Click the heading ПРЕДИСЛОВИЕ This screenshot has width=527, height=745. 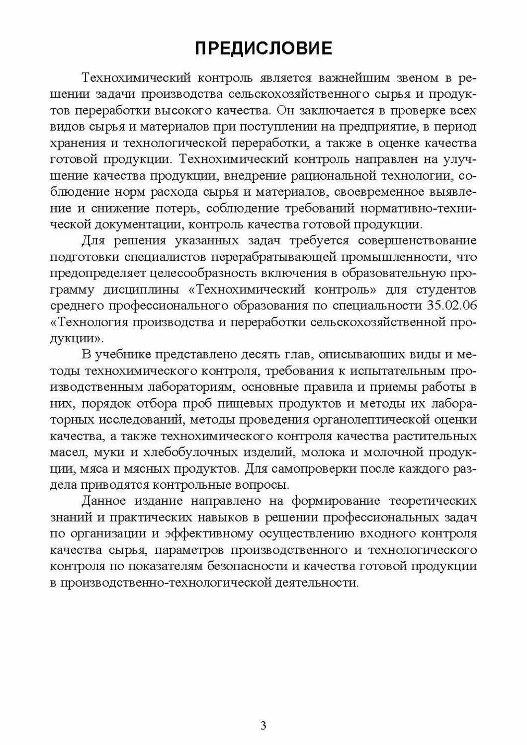click(x=263, y=48)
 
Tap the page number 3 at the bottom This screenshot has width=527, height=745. click(x=263, y=726)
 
